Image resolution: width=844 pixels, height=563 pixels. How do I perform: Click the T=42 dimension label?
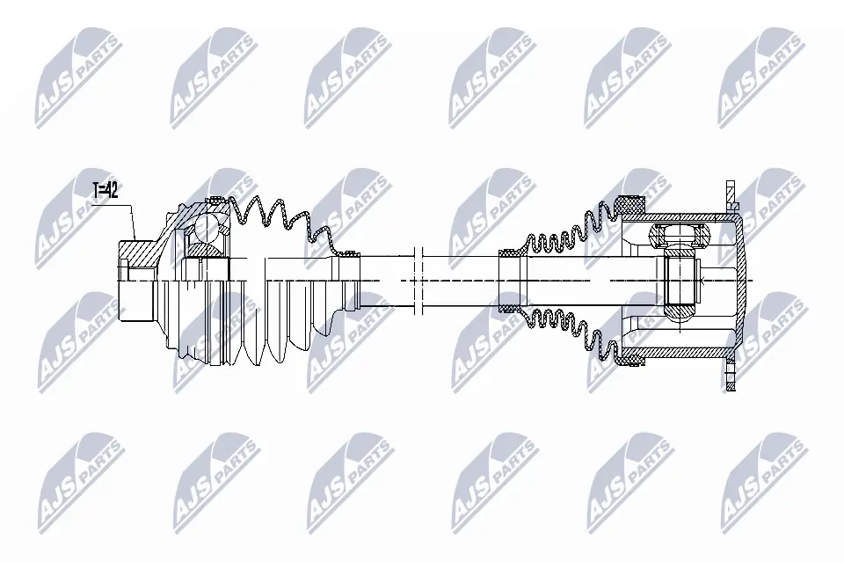click(106, 190)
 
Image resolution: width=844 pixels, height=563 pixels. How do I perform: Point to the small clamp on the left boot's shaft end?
click(351, 252)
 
